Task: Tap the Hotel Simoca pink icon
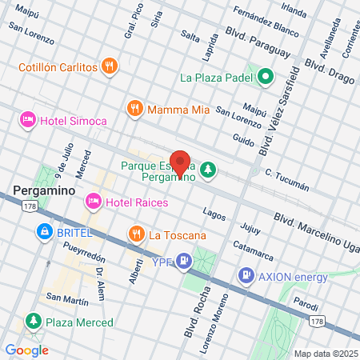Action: click(x=27, y=119)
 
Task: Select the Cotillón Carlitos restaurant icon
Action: click(x=110, y=66)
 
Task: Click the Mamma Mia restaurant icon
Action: click(x=134, y=108)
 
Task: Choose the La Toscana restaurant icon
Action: click(x=136, y=234)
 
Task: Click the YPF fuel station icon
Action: click(x=185, y=259)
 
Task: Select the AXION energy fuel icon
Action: click(x=245, y=277)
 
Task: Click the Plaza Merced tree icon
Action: click(x=33, y=322)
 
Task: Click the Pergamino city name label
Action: click(x=44, y=191)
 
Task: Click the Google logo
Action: click(x=26, y=350)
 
